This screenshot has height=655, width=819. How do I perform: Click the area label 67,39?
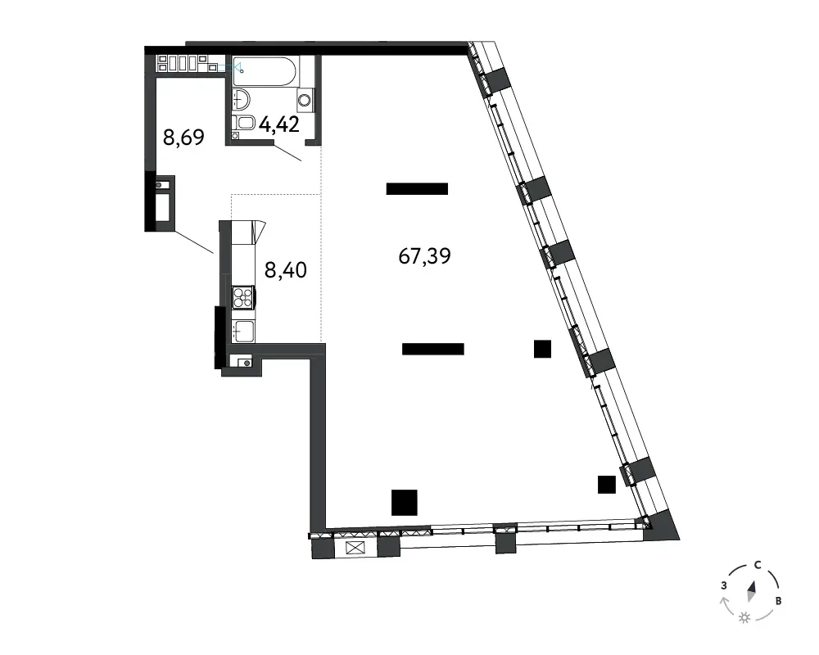(424, 256)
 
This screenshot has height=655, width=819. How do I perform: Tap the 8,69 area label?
(183, 138)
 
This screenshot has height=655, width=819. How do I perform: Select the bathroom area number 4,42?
(279, 124)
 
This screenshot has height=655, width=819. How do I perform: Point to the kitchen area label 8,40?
(286, 270)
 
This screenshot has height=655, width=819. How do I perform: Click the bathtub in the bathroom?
(265, 71)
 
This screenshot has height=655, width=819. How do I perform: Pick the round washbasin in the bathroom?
(241, 99)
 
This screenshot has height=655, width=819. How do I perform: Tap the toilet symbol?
(243, 124)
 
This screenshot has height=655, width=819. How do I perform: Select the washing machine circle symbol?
(305, 99)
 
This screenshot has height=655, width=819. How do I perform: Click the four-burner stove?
(243, 298)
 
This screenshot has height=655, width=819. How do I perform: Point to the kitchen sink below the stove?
(243, 331)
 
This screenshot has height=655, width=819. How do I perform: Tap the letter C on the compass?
(758, 565)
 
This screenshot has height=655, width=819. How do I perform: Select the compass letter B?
(778, 601)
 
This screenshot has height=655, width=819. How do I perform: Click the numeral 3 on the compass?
(724, 585)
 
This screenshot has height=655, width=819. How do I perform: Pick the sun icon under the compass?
(744, 618)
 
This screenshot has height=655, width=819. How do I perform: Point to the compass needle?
(752, 591)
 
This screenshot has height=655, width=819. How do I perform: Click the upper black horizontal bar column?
(417, 188)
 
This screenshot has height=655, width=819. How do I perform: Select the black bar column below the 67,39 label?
(433, 349)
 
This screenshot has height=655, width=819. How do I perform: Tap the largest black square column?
(405, 503)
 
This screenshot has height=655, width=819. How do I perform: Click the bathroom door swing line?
(287, 152)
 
